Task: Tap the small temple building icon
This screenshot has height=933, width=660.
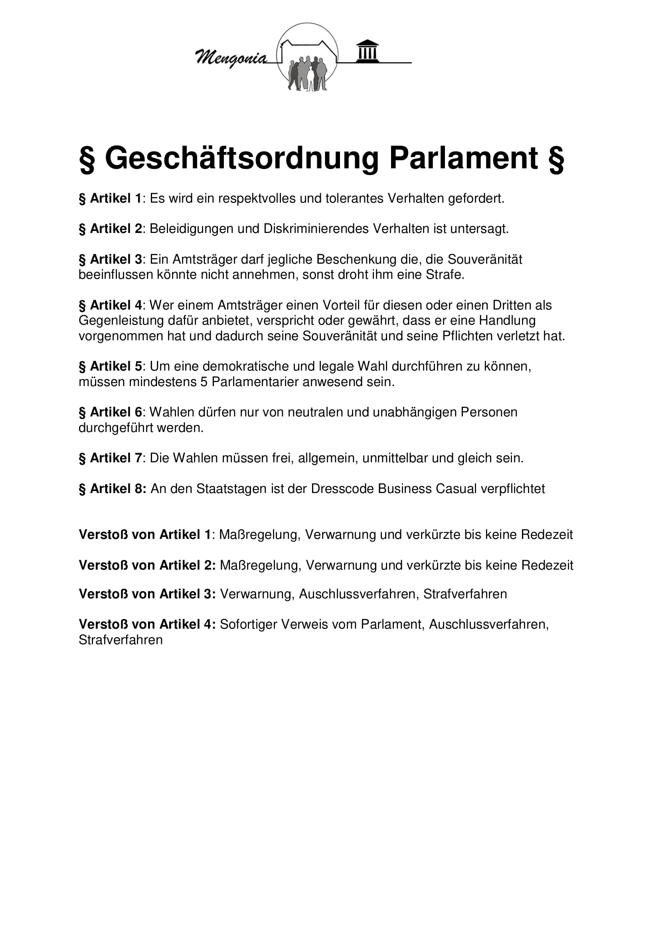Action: point(368,51)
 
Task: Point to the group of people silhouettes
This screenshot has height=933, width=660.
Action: point(308,73)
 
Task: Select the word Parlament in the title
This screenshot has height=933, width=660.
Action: point(464,158)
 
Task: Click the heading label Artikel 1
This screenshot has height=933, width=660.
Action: point(115,199)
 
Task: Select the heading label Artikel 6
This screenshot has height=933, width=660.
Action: point(115,412)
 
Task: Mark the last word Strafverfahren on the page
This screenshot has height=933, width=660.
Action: point(120,640)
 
